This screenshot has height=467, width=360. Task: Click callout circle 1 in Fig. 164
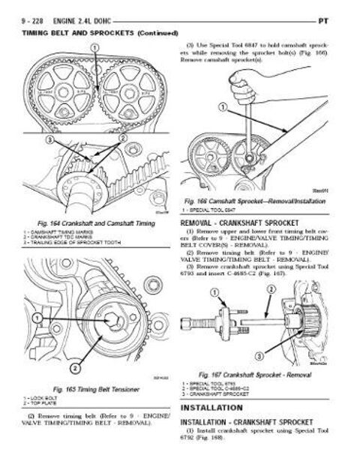click(x=94, y=50)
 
